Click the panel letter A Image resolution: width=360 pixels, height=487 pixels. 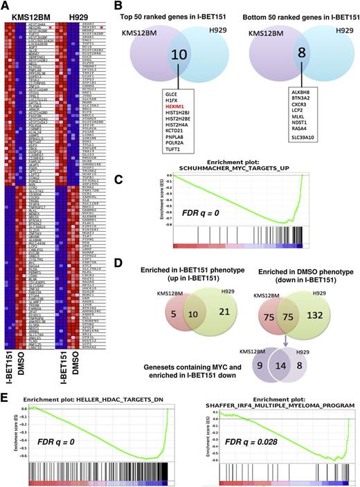pos(6,6)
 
